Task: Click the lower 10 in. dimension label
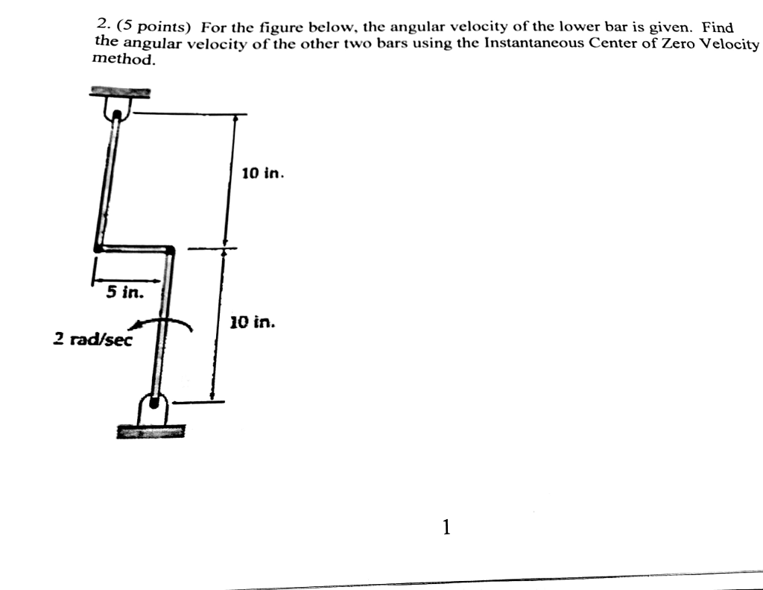252,323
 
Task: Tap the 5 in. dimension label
124,292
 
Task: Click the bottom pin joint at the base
154,405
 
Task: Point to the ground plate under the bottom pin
151,430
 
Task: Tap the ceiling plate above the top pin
120,92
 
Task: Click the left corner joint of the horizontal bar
97,248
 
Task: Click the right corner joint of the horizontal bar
171,250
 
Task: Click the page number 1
446,528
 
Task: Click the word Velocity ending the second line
732,44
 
